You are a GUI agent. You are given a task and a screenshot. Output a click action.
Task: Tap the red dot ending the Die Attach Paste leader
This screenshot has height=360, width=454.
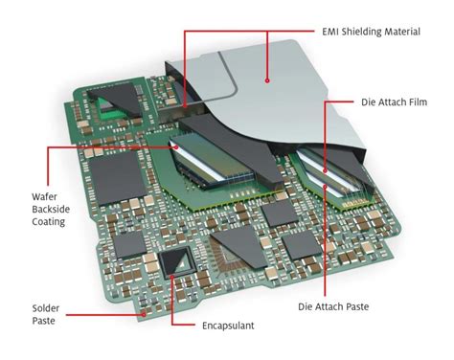(329, 186)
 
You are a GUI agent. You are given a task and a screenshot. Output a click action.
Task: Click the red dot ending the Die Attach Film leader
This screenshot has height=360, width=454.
(328, 169)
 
